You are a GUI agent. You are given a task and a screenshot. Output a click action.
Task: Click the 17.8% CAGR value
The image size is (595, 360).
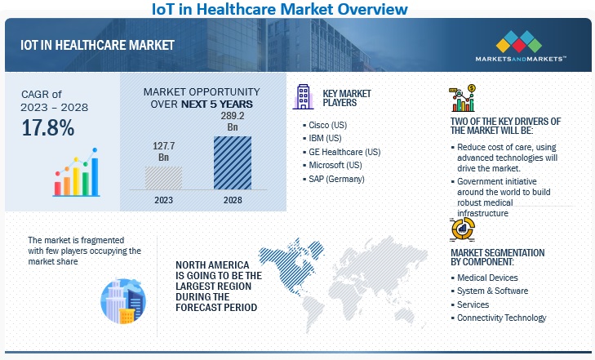tap(47, 127)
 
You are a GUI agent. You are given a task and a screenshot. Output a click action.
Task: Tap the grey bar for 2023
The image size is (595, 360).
tap(164, 177)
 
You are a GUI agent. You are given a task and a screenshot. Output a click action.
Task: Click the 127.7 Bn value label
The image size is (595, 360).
tap(164, 152)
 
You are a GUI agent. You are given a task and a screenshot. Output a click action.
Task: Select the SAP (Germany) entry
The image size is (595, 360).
tap(336, 179)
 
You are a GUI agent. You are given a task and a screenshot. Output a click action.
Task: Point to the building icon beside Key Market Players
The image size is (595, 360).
tap(301, 97)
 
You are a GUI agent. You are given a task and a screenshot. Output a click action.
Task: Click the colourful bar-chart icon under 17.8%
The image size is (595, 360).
tap(76, 169)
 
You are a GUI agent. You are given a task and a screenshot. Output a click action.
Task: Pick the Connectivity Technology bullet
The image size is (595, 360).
tap(502, 318)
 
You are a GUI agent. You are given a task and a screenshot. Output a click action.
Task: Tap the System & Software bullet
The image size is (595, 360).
tap(492, 291)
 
